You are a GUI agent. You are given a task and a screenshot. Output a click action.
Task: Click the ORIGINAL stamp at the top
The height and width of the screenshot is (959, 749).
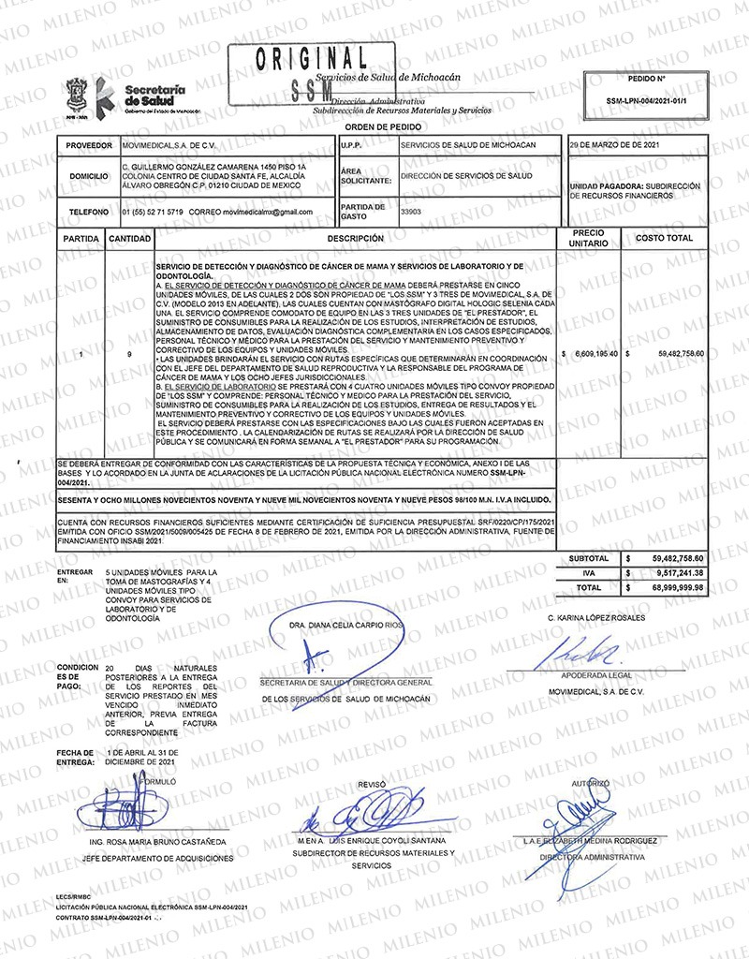[314, 57]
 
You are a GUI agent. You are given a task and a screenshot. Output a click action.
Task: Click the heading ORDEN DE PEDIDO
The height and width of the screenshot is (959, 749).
[383, 125]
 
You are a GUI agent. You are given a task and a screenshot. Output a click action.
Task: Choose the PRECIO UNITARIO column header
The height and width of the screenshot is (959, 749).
[589, 239]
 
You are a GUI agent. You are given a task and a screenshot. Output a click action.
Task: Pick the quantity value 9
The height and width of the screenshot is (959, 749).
[128, 354]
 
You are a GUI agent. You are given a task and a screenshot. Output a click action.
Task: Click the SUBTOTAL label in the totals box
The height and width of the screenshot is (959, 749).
[589, 559]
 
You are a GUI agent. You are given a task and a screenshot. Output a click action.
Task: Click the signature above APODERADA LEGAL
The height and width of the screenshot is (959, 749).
[589, 651]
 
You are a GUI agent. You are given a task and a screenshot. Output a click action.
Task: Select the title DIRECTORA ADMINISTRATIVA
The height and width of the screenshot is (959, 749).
[591, 857]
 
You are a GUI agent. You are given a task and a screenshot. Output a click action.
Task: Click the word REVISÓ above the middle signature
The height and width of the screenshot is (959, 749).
[372, 783]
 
